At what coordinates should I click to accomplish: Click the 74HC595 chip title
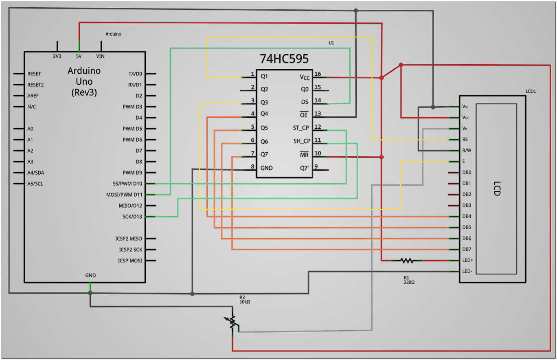(x=284, y=59)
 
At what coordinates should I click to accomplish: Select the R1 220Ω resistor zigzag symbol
(x=407, y=261)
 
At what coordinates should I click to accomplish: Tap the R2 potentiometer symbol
(x=232, y=322)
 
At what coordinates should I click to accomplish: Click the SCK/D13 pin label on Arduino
(x=132, y=217)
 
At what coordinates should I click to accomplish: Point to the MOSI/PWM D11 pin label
(x=124, y=195)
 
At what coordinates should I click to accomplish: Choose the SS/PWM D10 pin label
(x=127, y=184)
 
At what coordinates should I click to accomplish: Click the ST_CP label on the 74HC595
(x=300, y=128)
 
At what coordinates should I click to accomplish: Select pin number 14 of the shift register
(x=318, y=100)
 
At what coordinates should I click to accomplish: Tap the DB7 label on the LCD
(x=467, y=249)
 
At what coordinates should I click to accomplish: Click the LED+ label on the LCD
(x=467, y=260)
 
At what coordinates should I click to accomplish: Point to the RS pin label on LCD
(x=465, y=139)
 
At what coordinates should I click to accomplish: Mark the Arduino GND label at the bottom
(x=90, y=275)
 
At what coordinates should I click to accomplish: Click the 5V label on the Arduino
(x=79, y=56)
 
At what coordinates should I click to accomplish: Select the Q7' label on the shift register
(x=305, y=168)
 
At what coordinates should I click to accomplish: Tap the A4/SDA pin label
(x=35, y=173)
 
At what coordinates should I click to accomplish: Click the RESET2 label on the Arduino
(x=35, y=85)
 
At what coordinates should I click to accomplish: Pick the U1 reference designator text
(x=331, y=43)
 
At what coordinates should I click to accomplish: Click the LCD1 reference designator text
(x=531, y=91)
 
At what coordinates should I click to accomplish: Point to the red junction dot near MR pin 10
(x=382, y=157)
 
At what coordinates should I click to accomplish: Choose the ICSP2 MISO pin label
(x=129, y=239)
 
